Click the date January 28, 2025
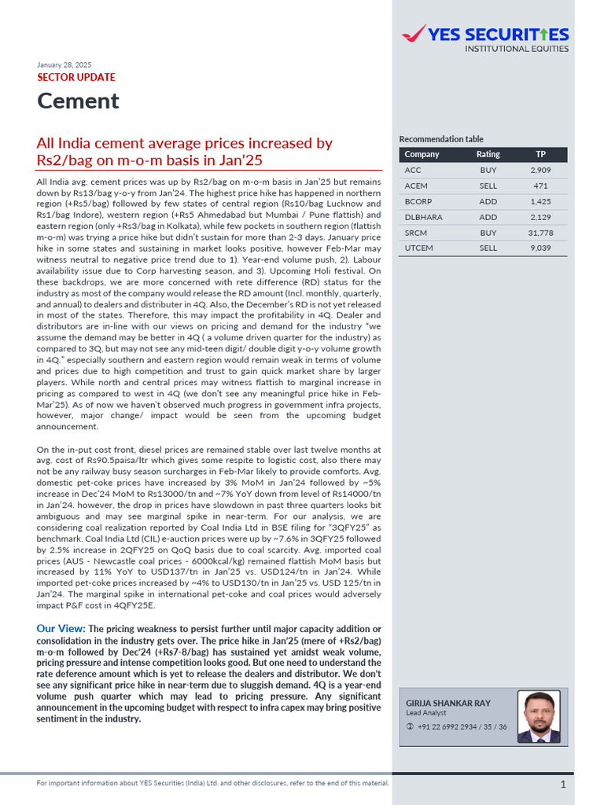tap(64, 64)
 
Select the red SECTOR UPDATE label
tap(76, 78)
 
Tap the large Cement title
tap(78, 101)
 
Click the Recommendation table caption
tap(441, 139)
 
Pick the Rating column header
tap(488, 154)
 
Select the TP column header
tap(540, 154)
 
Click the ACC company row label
tap(413, 170)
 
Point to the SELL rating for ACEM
tap(488, 186)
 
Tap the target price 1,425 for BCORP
tap(540, 201)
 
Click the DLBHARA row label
tap(423, 217)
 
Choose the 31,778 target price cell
tap(540, 233)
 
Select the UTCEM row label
tap(418, 248)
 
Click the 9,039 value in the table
tap(540, 248)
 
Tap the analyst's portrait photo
tap(540, 718)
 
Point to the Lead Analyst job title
tap(425, 712)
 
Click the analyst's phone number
tap(462, 727)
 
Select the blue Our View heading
tap(61, 629)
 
